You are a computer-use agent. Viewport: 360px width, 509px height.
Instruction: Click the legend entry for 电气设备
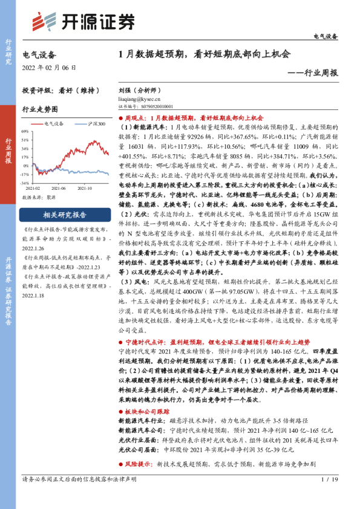(53, 124)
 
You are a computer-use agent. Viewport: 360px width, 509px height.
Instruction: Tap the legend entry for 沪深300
(93, 124)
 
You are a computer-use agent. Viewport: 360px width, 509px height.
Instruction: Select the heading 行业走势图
(40, 109)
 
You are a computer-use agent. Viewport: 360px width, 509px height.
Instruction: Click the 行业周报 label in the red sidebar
(8, 154)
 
